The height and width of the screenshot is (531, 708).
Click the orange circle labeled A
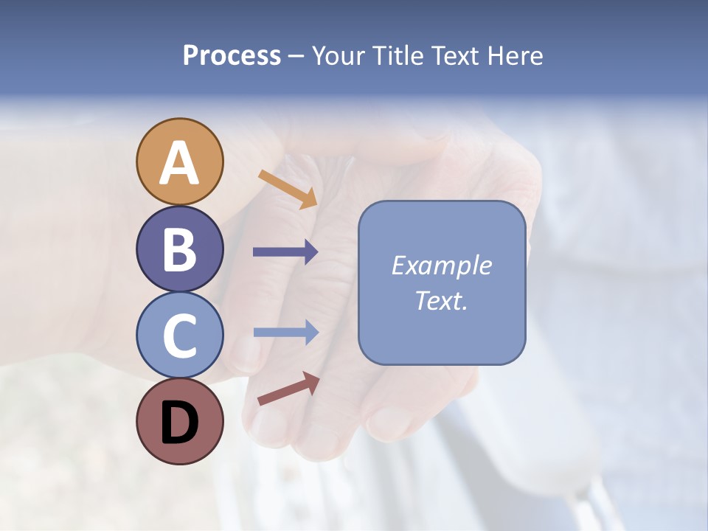[180, 162]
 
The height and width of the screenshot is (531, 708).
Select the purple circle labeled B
[180, 249]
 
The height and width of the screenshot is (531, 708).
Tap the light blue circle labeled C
[180, 335]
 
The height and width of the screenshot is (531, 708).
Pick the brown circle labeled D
[180, 421]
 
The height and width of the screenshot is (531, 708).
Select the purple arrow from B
[285, 252]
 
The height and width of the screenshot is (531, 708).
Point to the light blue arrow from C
[285, 333]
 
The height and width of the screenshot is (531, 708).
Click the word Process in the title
[232, 55]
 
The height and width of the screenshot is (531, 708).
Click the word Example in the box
[442, 265]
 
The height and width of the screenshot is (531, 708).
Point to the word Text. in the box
[442, 300]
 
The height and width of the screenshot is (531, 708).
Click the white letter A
[180, 164]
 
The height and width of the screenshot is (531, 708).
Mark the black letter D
[180, 423]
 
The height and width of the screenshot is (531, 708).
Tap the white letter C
[180, 336]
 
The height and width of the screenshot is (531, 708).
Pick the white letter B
[180, 250]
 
